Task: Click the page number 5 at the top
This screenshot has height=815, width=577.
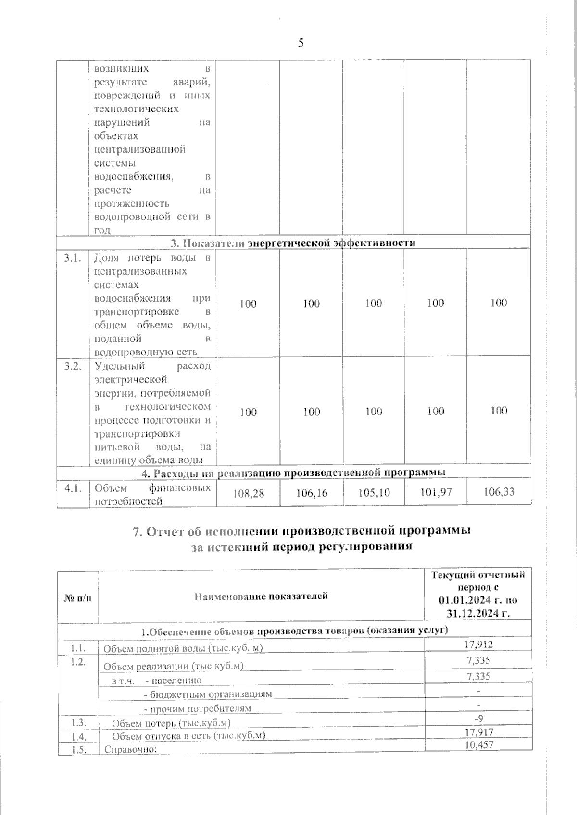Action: coord(301,44)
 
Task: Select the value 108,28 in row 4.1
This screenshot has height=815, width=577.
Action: coord(248,493)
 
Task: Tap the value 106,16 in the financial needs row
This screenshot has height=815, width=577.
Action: coord(312,493)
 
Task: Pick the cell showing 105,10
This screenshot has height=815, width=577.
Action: coord(374,492)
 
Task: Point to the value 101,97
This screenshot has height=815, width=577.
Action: coord(436,492)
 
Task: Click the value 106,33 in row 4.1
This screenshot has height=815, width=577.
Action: coord(499,492)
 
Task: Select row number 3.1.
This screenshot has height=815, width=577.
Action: coord(73,259)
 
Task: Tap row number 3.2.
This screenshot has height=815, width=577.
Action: coord(73,367)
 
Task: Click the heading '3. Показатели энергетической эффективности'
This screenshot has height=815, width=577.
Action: coord(293,243)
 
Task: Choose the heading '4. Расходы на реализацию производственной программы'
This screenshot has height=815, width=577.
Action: coord(293,473)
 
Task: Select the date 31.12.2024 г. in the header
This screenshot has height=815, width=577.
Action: coord(478,613)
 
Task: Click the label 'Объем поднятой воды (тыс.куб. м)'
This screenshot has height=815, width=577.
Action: coord(184,649)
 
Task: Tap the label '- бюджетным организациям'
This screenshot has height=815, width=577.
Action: coord(208,694)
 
